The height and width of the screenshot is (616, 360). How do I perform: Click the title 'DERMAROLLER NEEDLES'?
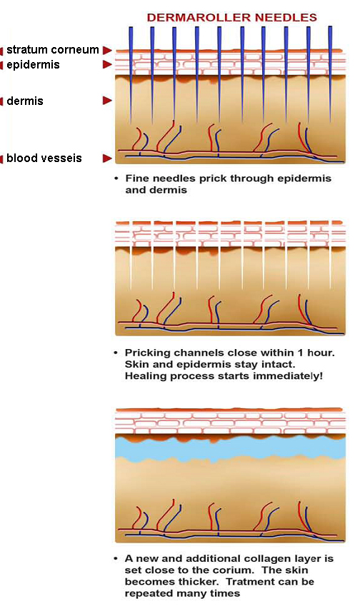[x=232, y=18]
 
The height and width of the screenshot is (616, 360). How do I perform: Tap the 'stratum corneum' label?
[x=53, y=49]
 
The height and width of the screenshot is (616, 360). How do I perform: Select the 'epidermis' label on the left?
[x=33, y=65]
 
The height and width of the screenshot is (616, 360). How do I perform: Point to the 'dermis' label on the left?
[x=25, y=101]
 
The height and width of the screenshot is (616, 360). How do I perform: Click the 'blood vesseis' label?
[x=44, y=158]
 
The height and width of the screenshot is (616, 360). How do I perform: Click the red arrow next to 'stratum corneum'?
[x=107, y=50]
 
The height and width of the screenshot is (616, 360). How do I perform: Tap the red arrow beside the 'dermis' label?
[x=107, y=101]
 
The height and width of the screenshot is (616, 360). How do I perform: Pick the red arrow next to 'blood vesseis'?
[x=107, y=158]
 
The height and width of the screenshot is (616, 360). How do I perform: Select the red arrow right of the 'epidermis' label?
[x=107, y=64]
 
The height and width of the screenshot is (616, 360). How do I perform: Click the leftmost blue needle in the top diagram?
[x=131, y=73]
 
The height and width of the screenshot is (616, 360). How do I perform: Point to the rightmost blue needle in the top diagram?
[x=330, y=74]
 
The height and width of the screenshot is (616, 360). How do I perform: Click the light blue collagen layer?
[x=230, y=448]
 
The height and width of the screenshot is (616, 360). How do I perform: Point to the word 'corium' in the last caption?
[x=240, y=570]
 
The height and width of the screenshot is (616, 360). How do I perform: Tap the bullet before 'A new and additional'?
[x=116, y=558]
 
